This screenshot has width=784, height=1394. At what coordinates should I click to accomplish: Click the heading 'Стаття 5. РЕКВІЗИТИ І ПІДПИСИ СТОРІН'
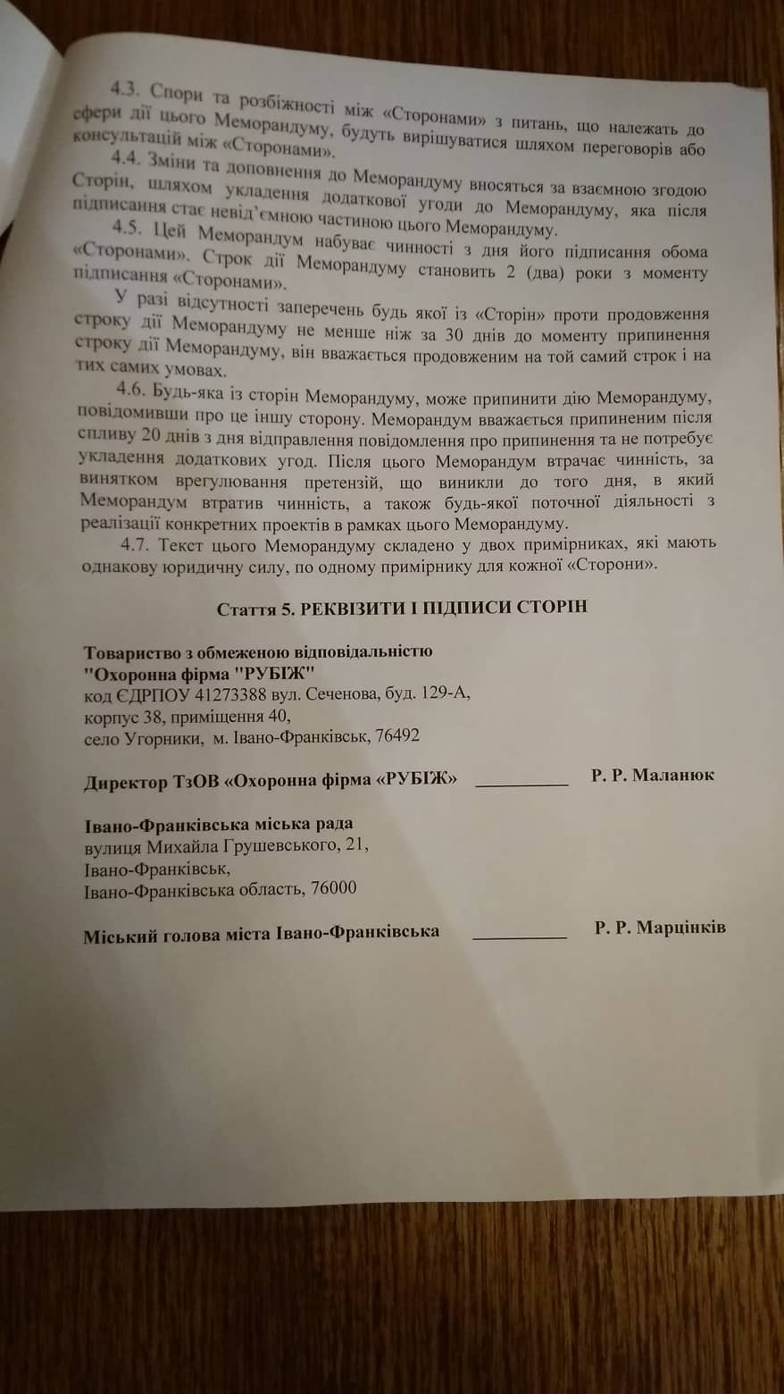click(x=402, y=609)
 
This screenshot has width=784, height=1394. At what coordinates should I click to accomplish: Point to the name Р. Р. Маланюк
click(x=652, y=776)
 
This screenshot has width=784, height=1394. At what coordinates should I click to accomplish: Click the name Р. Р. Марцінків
click(x=659, y=928)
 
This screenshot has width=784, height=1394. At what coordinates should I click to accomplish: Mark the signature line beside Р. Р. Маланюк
click(x=522, y=783)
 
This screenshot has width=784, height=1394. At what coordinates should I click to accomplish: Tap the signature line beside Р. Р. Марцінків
click(x=519, y=936)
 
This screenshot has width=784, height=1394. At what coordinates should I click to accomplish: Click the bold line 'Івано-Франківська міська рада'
click(x=218, y=823)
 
